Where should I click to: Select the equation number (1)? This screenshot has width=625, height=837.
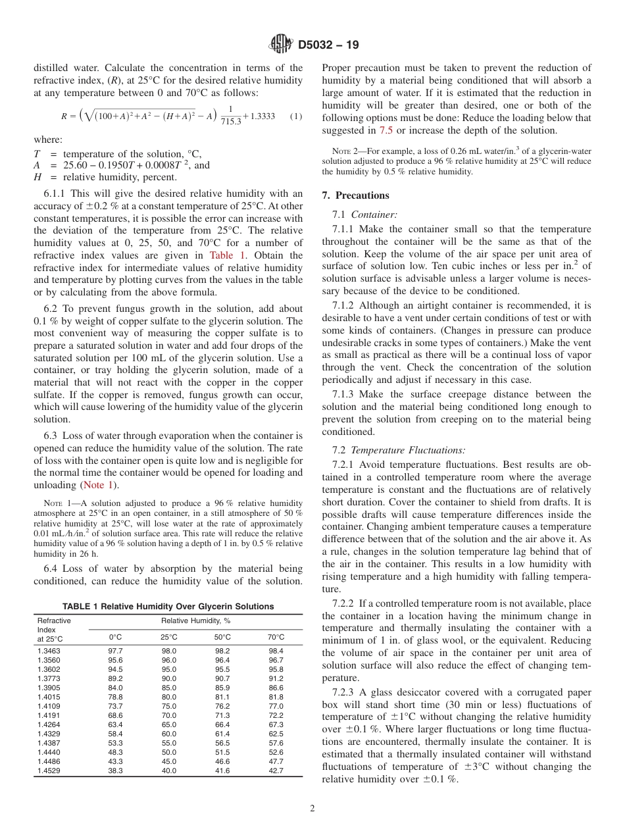295,116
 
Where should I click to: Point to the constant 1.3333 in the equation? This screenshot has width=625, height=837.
262,116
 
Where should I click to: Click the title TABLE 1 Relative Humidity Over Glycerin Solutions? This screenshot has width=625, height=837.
168,606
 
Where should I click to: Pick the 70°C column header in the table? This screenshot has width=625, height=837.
276,637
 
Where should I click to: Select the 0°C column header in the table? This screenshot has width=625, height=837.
115,637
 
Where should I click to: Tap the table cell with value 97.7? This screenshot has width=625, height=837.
115,650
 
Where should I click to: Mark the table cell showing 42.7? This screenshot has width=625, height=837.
276,771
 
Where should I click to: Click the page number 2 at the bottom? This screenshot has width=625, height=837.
312,809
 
